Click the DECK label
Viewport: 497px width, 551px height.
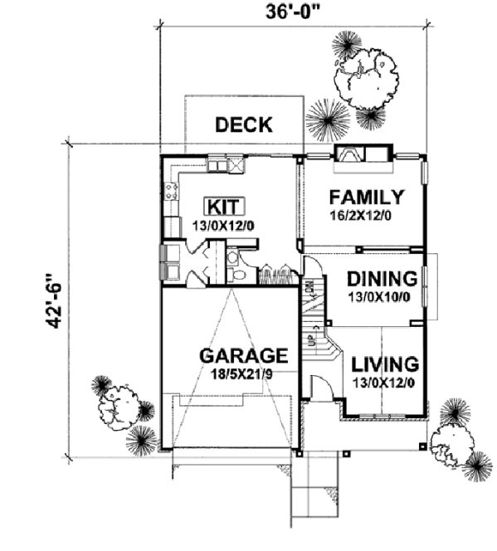(x=243, y=125)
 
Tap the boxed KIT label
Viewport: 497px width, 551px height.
(x=222, y=205)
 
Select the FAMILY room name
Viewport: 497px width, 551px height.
(x=366, y=197)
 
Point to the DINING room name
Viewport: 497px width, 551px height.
(x=381, y=279)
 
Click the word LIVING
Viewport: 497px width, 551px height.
(x=383, y=363)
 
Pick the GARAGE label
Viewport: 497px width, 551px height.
(x=243, y=356)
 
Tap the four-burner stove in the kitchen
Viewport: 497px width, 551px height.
(x=173, y=193)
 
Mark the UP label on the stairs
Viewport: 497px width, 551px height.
(x=312, y=341)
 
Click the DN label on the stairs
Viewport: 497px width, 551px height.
(x=309, y=290)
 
